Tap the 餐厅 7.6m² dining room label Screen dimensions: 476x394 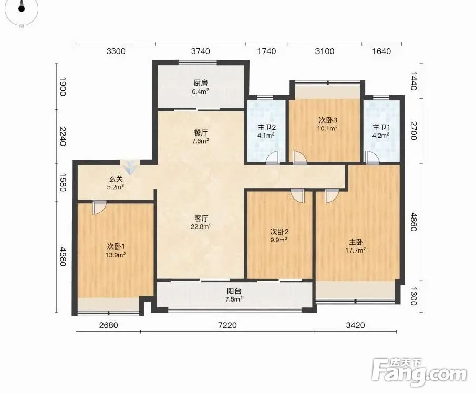[x=201, y=137]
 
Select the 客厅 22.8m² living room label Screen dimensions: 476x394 [x=201, y=222]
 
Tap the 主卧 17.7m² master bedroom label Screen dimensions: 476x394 [x=356, y=246]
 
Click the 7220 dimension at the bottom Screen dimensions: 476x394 [x=227, y=325]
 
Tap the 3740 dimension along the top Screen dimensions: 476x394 [x=200, y=51]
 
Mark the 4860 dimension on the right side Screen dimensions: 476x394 [x=413, y=222]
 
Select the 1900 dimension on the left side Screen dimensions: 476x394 [x=63, y=87]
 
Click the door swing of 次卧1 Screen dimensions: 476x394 [x=99, y=208]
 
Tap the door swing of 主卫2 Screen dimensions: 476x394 [x=273, y=158]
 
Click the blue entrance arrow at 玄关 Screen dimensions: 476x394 [x=130, y=167]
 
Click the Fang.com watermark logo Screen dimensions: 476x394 [x=419, y=372]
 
